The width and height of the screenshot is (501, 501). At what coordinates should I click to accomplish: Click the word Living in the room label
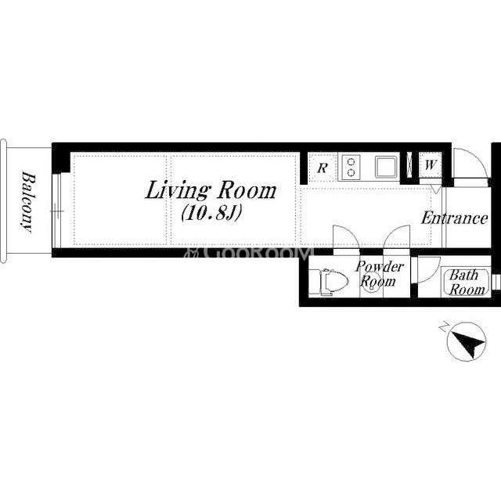coord(178,191)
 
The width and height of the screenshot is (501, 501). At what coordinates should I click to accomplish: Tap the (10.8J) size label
coord(211,212)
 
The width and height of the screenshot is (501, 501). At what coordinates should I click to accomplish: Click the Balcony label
coord(27,202)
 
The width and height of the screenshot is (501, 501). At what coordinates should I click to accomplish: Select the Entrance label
coord(454,218)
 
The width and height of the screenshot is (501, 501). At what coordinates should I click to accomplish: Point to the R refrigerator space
coord(323,168)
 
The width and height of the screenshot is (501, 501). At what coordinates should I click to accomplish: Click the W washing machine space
coord(431,165)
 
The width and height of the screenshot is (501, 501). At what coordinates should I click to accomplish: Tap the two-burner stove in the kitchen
coord(351,167)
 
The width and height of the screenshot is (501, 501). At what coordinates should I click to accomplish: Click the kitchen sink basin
coord(387,166)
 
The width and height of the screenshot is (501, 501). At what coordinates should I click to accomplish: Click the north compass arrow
coord(467,344)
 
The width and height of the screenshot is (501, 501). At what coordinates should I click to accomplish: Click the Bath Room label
coord(466,282)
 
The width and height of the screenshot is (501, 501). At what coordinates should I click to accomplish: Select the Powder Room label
coord(379,273)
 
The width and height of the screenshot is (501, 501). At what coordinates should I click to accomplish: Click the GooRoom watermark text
coord(247,252)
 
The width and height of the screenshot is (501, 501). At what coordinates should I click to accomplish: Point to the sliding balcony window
coord(56,211)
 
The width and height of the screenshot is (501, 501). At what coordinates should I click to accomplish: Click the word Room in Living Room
coord(247,191)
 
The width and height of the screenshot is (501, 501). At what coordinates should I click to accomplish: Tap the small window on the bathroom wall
coord(496,282)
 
